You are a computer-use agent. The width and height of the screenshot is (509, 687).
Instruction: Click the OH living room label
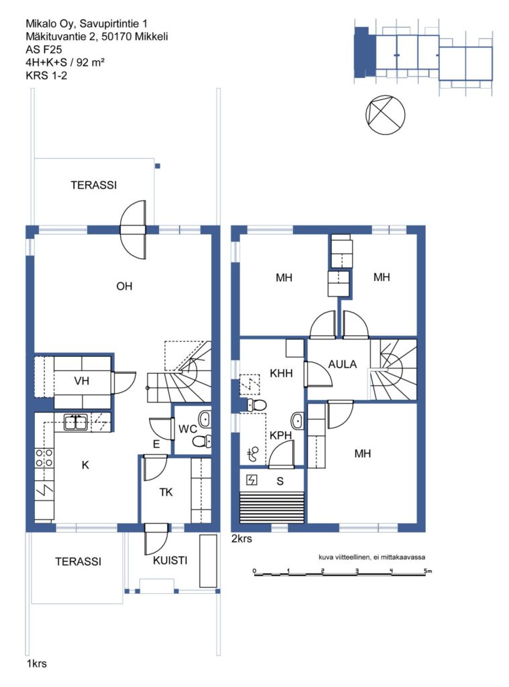(x=124, y=286)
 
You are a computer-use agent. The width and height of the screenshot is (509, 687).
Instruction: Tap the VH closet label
(x=81, y=381)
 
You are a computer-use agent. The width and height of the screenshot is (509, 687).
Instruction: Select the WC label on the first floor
(x=188, y=429)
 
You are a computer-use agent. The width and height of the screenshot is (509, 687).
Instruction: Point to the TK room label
(x=166, y=492)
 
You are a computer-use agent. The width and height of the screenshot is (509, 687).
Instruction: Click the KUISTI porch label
(x=170, y=560)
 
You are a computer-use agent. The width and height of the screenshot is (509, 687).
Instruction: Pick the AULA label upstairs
(x=343, y=364)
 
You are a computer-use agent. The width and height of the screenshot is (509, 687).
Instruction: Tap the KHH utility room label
(x=281, y=373)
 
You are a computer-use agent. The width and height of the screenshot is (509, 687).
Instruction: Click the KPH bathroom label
(x=281, y=435)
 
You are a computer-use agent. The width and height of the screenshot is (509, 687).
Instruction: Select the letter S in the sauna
(x=280, y=481)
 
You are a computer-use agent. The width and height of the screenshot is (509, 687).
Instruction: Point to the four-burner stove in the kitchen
(x=44, y=458)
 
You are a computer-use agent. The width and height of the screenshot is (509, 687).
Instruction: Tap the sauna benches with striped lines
(x=272, y=507)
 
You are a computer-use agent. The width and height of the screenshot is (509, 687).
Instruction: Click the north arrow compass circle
(x=385, y=115)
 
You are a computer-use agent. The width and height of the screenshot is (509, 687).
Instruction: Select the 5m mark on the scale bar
(x=428, y=570)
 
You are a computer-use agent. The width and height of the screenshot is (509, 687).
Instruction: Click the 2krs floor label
(x=241, y=539)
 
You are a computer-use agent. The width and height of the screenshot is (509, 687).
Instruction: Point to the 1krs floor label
(x=37, y=664)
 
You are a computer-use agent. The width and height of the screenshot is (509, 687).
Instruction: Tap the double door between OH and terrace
(x=133, y=229)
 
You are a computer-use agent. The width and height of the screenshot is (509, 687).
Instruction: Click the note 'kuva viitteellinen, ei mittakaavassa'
(x=372, y=558)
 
